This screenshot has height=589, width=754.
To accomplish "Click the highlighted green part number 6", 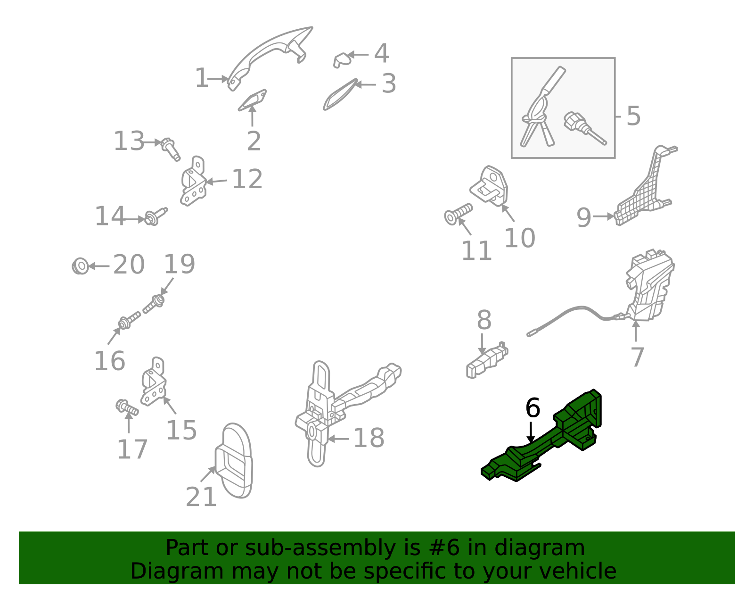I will pyautogui.click(x=547, y=443).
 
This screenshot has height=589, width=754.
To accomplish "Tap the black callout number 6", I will pyautogui.click(x=533, y=408).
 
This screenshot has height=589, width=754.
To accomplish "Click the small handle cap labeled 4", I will pyautogui.click(x=342, y=60).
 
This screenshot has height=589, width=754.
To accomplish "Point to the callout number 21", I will pyautogui.click(x=201, y=497).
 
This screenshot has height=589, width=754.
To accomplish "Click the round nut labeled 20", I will pyautogui.click(x=81, y=266).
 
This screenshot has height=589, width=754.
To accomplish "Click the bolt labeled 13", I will pyautogui.click(x=171, y=148).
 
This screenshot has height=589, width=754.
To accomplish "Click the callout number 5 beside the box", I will pyautogui.click(x=633, y=116).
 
